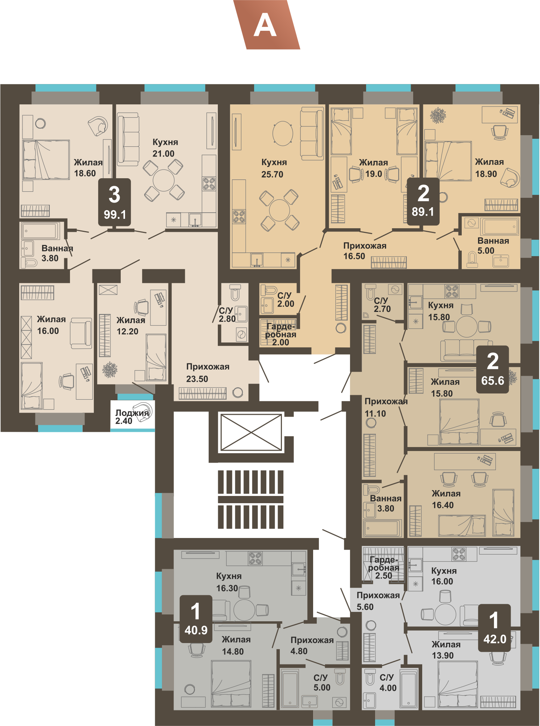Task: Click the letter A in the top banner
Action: pos(265,25)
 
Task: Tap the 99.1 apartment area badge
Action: pos(115,202)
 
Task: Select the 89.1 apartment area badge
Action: pos(423,201)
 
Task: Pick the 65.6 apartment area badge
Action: pos(493,370)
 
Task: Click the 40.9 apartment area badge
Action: pos(196,619)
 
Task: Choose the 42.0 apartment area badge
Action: pos(494,628)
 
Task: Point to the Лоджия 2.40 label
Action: pos(132,417)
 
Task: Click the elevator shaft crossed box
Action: pos(251,433)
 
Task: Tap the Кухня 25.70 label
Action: pos(274,168)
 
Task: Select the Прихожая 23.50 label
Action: pos(208,373)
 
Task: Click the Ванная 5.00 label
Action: pos(493,246)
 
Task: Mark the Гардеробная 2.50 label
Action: pos(383,568)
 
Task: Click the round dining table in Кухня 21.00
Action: pos(163,180)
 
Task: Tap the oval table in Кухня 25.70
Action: pos(283,133)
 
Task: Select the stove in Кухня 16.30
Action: pos(255,558)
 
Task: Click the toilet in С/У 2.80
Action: pos(235,292)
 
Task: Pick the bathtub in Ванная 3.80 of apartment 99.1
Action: pos(40,231)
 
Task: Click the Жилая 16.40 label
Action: pos(446,499)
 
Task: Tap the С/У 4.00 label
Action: pos(387,683)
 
